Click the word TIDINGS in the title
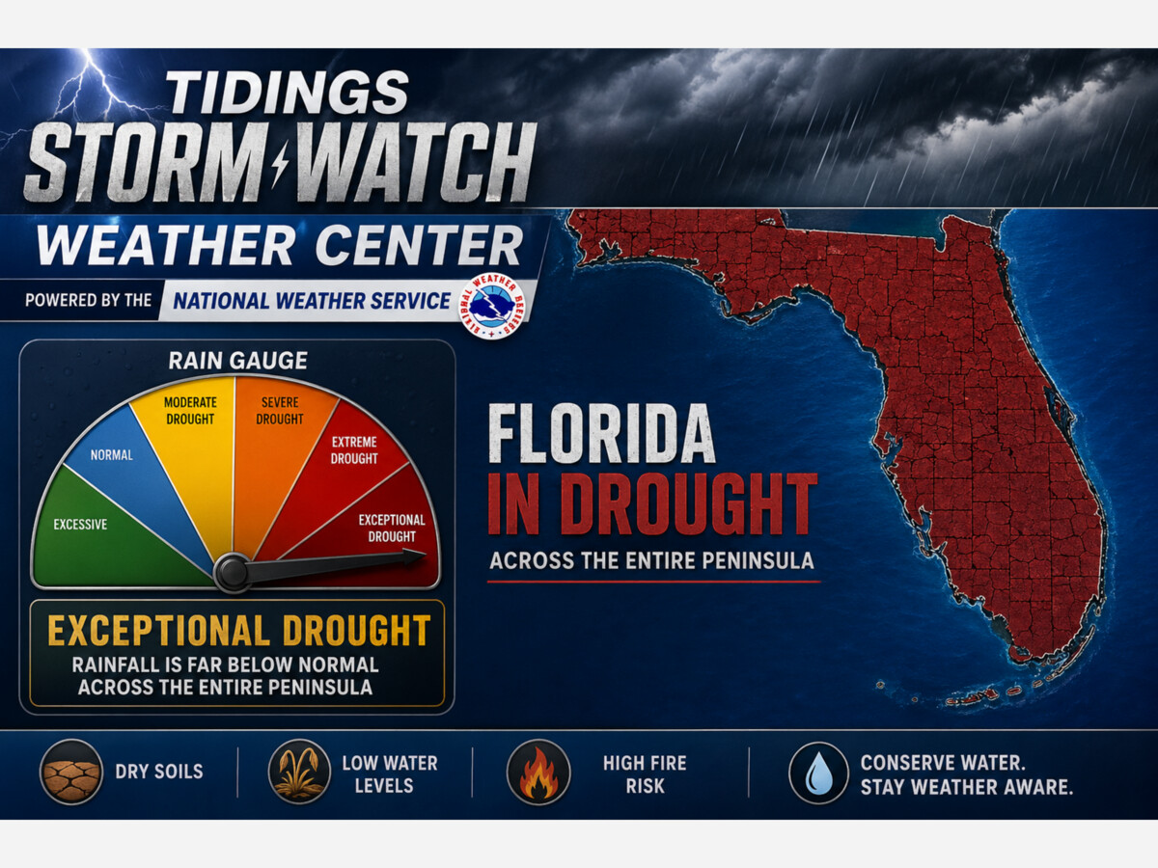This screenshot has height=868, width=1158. click(289, 94)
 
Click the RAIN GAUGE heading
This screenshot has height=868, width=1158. click(237, 361)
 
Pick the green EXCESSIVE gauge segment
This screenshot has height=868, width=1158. click(106, 530)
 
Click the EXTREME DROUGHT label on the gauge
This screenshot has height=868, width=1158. click(354, 450)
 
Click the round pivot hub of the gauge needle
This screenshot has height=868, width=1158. click(233, 572)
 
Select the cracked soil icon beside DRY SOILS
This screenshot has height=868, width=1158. click(70, 772)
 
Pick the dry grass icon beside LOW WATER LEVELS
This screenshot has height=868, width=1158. click(298, 772)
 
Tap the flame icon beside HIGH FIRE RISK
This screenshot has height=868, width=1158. click(538, 772)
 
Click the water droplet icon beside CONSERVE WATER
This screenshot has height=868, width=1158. click(818, 772)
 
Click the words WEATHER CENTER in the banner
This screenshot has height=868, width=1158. click(280, 247)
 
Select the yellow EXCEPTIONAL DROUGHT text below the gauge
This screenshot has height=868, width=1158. click(238, 631)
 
